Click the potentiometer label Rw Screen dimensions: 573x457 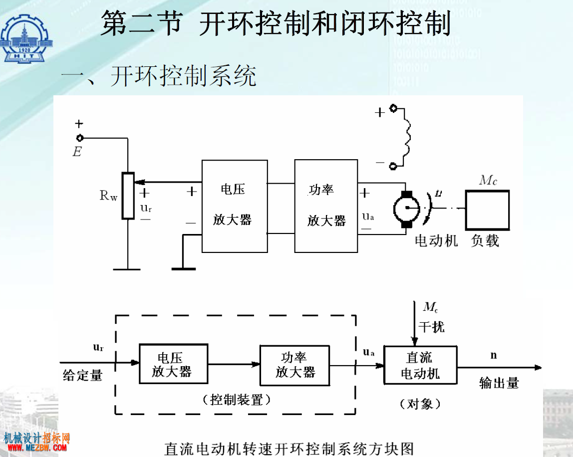pos(108,196)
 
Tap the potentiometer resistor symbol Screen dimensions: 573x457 pos(128,196)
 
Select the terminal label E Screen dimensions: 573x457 pos(77,151)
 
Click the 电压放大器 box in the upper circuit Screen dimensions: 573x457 pos(235,206)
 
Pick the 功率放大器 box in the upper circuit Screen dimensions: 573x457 pos(326,206)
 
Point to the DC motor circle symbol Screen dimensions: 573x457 pos(407,209)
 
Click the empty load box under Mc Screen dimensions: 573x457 pos(487,210)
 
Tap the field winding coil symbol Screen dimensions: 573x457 pos(407,137)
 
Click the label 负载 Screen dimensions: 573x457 pos(485,241)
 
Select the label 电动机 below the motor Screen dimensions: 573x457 pos(436,241)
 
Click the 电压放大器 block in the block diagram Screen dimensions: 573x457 pos(174,364)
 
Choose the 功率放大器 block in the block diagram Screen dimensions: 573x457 pos(295,365)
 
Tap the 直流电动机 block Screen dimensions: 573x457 pos(420,365)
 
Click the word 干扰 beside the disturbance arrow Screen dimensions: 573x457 pos(432,327)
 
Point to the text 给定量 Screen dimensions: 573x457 pos(82,375)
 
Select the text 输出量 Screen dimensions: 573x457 pos(499,383)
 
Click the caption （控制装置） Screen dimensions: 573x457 pos(237,400)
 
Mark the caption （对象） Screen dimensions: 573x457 pos(420,404)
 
